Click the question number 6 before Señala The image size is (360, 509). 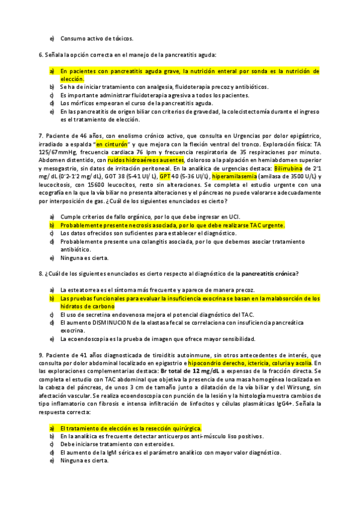click(x=40, y=55)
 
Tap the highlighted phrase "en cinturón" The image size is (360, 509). click(x=113, y=144)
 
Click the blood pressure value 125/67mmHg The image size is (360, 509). click(x=58, y=152)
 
